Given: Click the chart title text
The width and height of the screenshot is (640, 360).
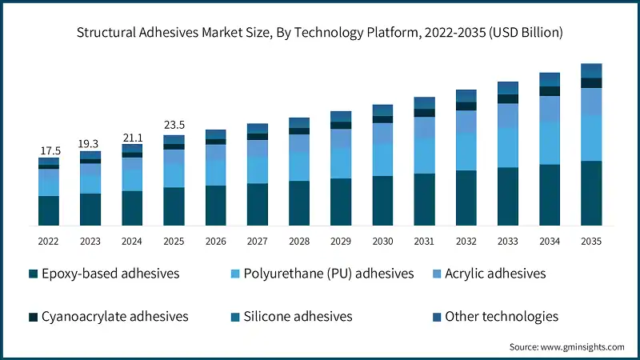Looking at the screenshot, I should [x=320, y=33].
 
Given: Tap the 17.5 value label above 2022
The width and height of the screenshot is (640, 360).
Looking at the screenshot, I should [x=49, y=150].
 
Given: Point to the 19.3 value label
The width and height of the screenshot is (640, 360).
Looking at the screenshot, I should [x=90, y=143].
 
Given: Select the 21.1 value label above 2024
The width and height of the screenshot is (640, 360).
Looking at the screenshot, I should [x=132, y=137].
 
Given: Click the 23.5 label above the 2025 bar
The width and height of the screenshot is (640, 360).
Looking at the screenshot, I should [x=174, y=125].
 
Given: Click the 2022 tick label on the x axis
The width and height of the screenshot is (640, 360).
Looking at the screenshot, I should [x=49, y=241].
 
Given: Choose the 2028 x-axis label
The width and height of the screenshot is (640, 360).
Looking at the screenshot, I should [x=299, y=241].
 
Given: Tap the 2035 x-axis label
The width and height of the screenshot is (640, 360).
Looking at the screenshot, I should [x=591, y=241].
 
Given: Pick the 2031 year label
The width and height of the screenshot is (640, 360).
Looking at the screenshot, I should [x=424, y=241].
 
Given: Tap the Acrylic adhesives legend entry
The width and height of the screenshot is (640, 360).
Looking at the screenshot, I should [x=488, y=274].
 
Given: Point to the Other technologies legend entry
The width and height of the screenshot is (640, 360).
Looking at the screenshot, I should [x=493, y=316].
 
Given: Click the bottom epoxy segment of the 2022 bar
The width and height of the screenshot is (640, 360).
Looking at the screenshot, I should [x=49, y=210].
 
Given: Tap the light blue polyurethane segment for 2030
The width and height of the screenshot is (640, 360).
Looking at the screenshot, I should [x=382, y=159].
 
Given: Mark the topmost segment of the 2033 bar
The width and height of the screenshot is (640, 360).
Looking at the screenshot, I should [x=507, y=87].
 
